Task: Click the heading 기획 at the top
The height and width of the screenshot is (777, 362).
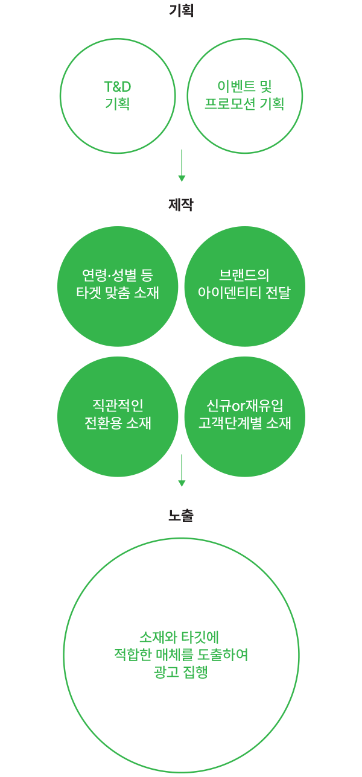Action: point(181,11)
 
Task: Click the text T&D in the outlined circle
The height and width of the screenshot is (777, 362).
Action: point(118,87)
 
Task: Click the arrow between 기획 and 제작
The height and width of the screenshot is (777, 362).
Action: point(181,166)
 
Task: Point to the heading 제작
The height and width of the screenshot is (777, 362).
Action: point(181,205)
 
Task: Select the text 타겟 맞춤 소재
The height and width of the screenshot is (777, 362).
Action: point(118,293)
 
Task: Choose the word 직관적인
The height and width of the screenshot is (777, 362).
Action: point(118,405)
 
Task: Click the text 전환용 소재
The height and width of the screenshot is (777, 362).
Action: point(118,422)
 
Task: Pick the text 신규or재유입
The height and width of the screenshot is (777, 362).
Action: point(244,405)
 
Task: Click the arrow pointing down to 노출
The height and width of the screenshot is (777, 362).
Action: point(181,471)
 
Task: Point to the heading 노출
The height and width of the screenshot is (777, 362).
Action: point(181,515)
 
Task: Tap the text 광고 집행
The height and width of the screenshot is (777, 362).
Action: point(181,672)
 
